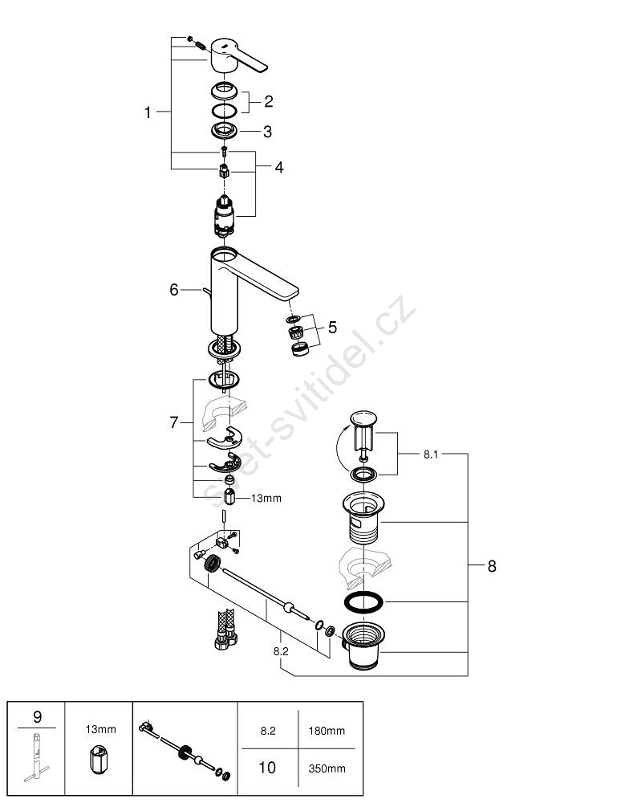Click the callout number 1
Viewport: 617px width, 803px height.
[148, 112]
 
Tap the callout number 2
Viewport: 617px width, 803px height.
[269, 101]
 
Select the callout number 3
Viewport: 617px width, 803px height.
[267, 132]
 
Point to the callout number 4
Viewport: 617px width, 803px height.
[279, 167]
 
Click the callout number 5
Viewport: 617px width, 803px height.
[332, 327]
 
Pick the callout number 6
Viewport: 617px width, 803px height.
[174, 290]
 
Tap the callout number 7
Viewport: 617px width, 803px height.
[174, 422]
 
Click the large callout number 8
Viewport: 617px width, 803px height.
[492, 566]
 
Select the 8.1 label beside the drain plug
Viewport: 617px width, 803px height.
[431, 454]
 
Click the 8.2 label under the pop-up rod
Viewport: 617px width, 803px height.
[281, 651]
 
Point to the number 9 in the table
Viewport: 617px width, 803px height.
[38, 716]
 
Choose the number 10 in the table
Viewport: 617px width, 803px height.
[267, 767]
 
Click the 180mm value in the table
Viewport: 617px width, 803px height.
[327, 731]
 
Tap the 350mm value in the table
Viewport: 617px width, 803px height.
[327, 768]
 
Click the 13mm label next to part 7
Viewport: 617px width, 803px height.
[266, 498]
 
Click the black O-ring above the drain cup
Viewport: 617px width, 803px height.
[363, 601]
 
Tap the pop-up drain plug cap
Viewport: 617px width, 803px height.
[363, 418]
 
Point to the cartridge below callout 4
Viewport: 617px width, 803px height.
[224, 216]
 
